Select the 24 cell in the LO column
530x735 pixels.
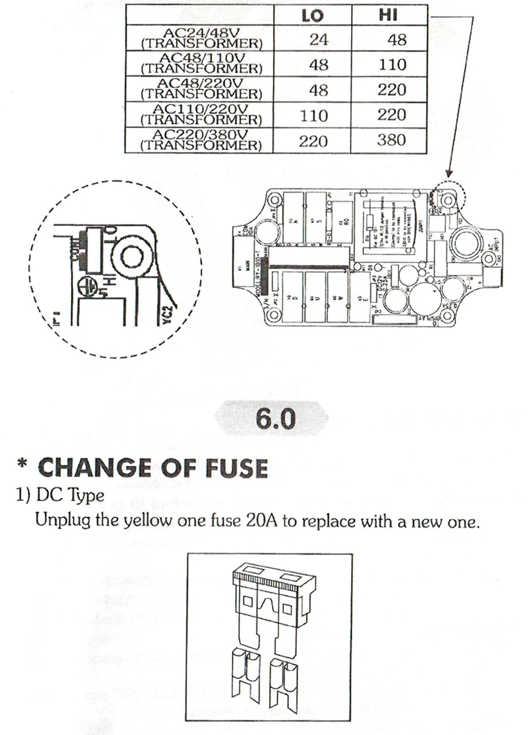319,40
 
